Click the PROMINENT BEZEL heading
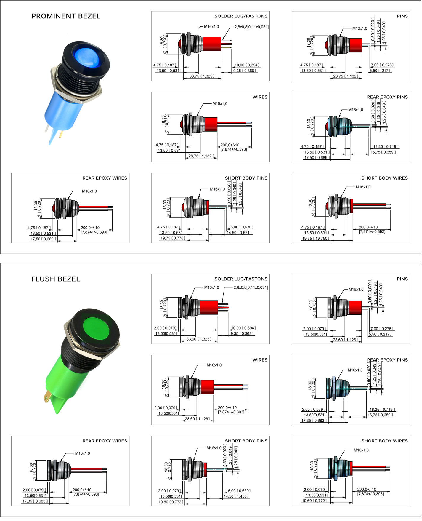66,16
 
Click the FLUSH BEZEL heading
56,279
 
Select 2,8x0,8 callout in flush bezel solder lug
251,287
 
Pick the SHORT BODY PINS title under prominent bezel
246,178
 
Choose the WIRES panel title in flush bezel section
260,360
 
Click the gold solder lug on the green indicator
47,397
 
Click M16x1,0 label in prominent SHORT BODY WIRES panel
363,187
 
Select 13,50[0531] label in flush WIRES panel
168,413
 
